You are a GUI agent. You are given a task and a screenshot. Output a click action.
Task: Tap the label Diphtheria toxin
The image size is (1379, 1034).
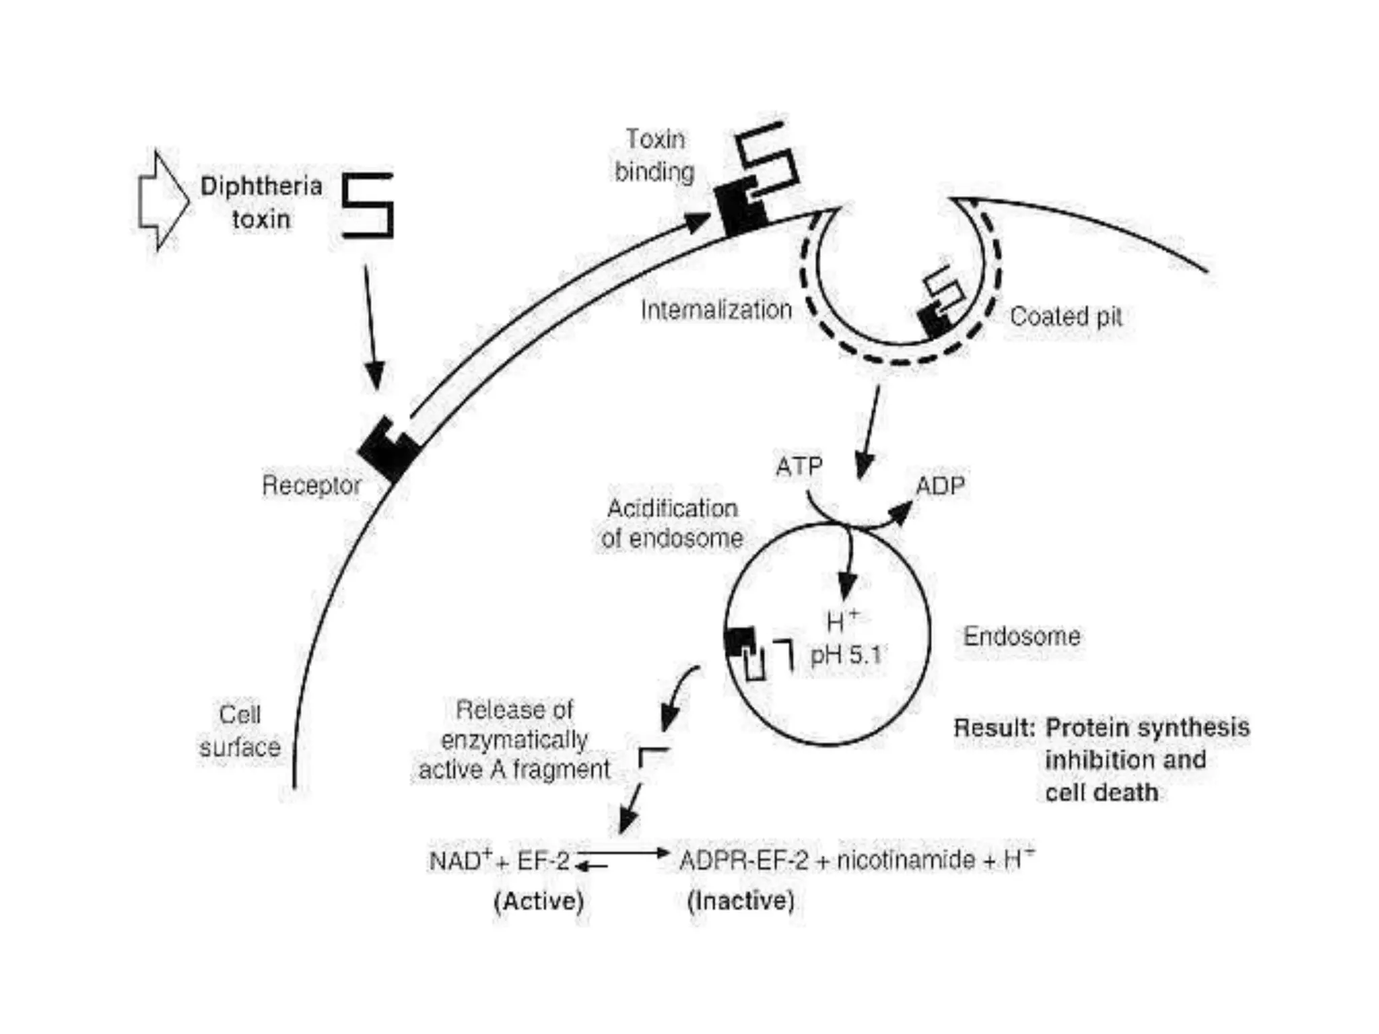[x=261, y=203]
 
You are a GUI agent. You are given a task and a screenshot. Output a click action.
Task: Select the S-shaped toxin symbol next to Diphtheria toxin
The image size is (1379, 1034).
[x=368, y=205]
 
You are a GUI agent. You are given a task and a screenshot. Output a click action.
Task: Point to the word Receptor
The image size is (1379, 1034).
[x=311, y=485]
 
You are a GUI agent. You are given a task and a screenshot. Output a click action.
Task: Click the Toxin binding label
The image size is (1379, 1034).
[x=654, y=156]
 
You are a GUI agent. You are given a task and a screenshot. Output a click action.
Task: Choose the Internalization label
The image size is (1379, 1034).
[x=716, y=310]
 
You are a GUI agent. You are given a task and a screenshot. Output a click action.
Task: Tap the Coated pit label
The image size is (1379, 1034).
[x=1066, y=316]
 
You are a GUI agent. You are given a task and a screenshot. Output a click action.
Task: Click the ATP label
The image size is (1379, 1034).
[x=799, y=466]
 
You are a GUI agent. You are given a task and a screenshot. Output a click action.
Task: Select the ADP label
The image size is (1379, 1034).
[x=940, y=485]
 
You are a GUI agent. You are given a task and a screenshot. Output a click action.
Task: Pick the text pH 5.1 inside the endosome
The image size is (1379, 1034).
[x=846, y=654]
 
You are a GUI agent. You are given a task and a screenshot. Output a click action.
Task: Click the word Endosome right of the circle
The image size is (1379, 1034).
[x=1021, y=636]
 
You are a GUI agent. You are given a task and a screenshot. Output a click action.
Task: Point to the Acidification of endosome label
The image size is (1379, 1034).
[x=672, y=523]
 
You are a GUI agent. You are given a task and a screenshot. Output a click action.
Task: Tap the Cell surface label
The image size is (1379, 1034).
[x=240, y=730]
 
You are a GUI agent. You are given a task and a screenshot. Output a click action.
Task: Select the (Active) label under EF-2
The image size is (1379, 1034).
[x=539, y=901]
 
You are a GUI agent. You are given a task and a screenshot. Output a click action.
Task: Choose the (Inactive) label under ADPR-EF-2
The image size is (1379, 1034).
[x=741, y=901]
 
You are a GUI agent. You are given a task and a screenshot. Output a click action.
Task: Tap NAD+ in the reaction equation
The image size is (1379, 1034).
[x=461, y=860]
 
